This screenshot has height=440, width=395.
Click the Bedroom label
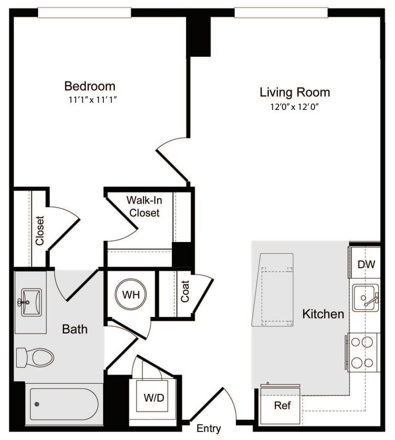[x=89, y=86]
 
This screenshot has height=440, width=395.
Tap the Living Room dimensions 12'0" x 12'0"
[x=295, y=107]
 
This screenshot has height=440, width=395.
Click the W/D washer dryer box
[x=154, y=397]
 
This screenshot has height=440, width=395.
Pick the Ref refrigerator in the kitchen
[x=281, y=406]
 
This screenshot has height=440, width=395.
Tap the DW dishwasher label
[x=366, y=264]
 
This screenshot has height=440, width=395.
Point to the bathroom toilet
[x=35, y=357]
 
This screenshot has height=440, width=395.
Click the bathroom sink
[x=30, y=302]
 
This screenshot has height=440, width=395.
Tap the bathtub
[x=63, y=404]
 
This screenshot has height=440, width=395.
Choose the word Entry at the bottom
[x=209, y=429]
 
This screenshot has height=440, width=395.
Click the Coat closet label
[x=185, y=292]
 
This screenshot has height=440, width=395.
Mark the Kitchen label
[x=323, y=314]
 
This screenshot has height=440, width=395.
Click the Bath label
[x=75, y=329]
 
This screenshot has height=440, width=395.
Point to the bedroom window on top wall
[x=84, y=13]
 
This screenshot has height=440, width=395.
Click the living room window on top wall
[x=281, y=13]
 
